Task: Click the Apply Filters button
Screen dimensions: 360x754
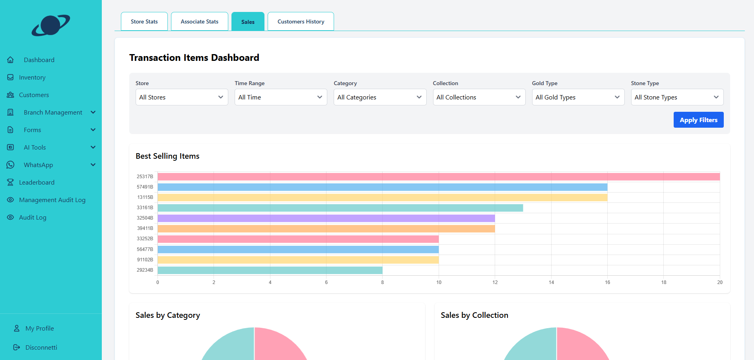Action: (x=698, y=120)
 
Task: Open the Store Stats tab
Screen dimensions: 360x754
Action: (x=144, y=21)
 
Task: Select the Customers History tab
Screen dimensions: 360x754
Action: (x=301, y=21)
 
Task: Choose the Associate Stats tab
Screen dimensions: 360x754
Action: (x=199, y=21)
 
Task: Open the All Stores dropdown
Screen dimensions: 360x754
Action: (x=181, y=97)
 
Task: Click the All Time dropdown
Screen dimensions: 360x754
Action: (x=280, y=97)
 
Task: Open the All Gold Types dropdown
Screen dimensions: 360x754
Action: (x=578, y=97)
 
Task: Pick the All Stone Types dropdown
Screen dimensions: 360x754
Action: (x=677, y=97)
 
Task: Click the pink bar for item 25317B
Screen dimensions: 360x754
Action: (x=437, y=177)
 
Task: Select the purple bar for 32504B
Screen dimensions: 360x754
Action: (x=326, y=218)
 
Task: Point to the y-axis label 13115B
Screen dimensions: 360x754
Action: (x=145, y=197)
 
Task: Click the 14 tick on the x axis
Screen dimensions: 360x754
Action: (x=551, y=282)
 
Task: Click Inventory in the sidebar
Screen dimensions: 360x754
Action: (x=32, y=77)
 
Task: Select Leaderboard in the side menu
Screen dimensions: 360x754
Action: (x=37, y=182)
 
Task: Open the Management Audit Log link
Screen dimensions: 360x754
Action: (x=52, y=200)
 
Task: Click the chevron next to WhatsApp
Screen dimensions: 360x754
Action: (x=93, y=165)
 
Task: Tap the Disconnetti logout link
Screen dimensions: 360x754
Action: (x=41, y=347)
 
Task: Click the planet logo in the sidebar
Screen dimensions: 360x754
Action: (x=51, y=25)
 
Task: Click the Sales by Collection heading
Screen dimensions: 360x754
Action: (x=474, y=315)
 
